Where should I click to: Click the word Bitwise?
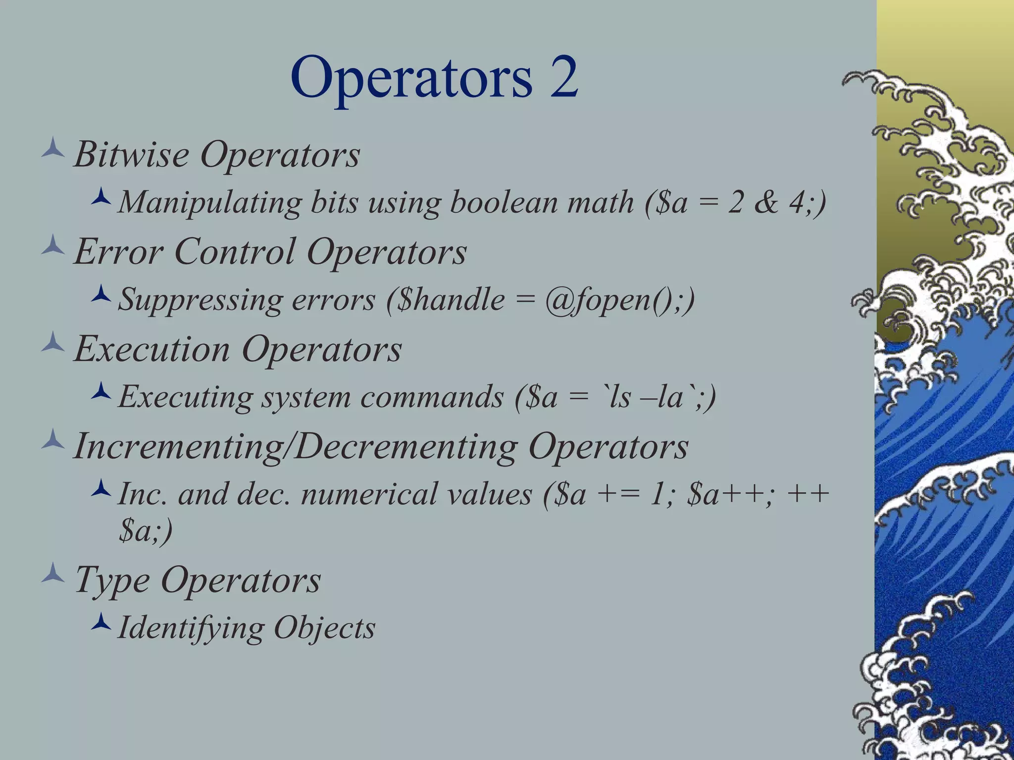click(131, 154)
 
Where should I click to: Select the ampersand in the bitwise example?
click(766, 202)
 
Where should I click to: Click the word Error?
click(118, 251)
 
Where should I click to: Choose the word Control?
click(235, 251)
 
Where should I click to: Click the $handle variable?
click(452, 300)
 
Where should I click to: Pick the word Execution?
click(152, 349)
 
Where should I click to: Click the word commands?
click(432, 397)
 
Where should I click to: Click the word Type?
click(112, 580)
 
